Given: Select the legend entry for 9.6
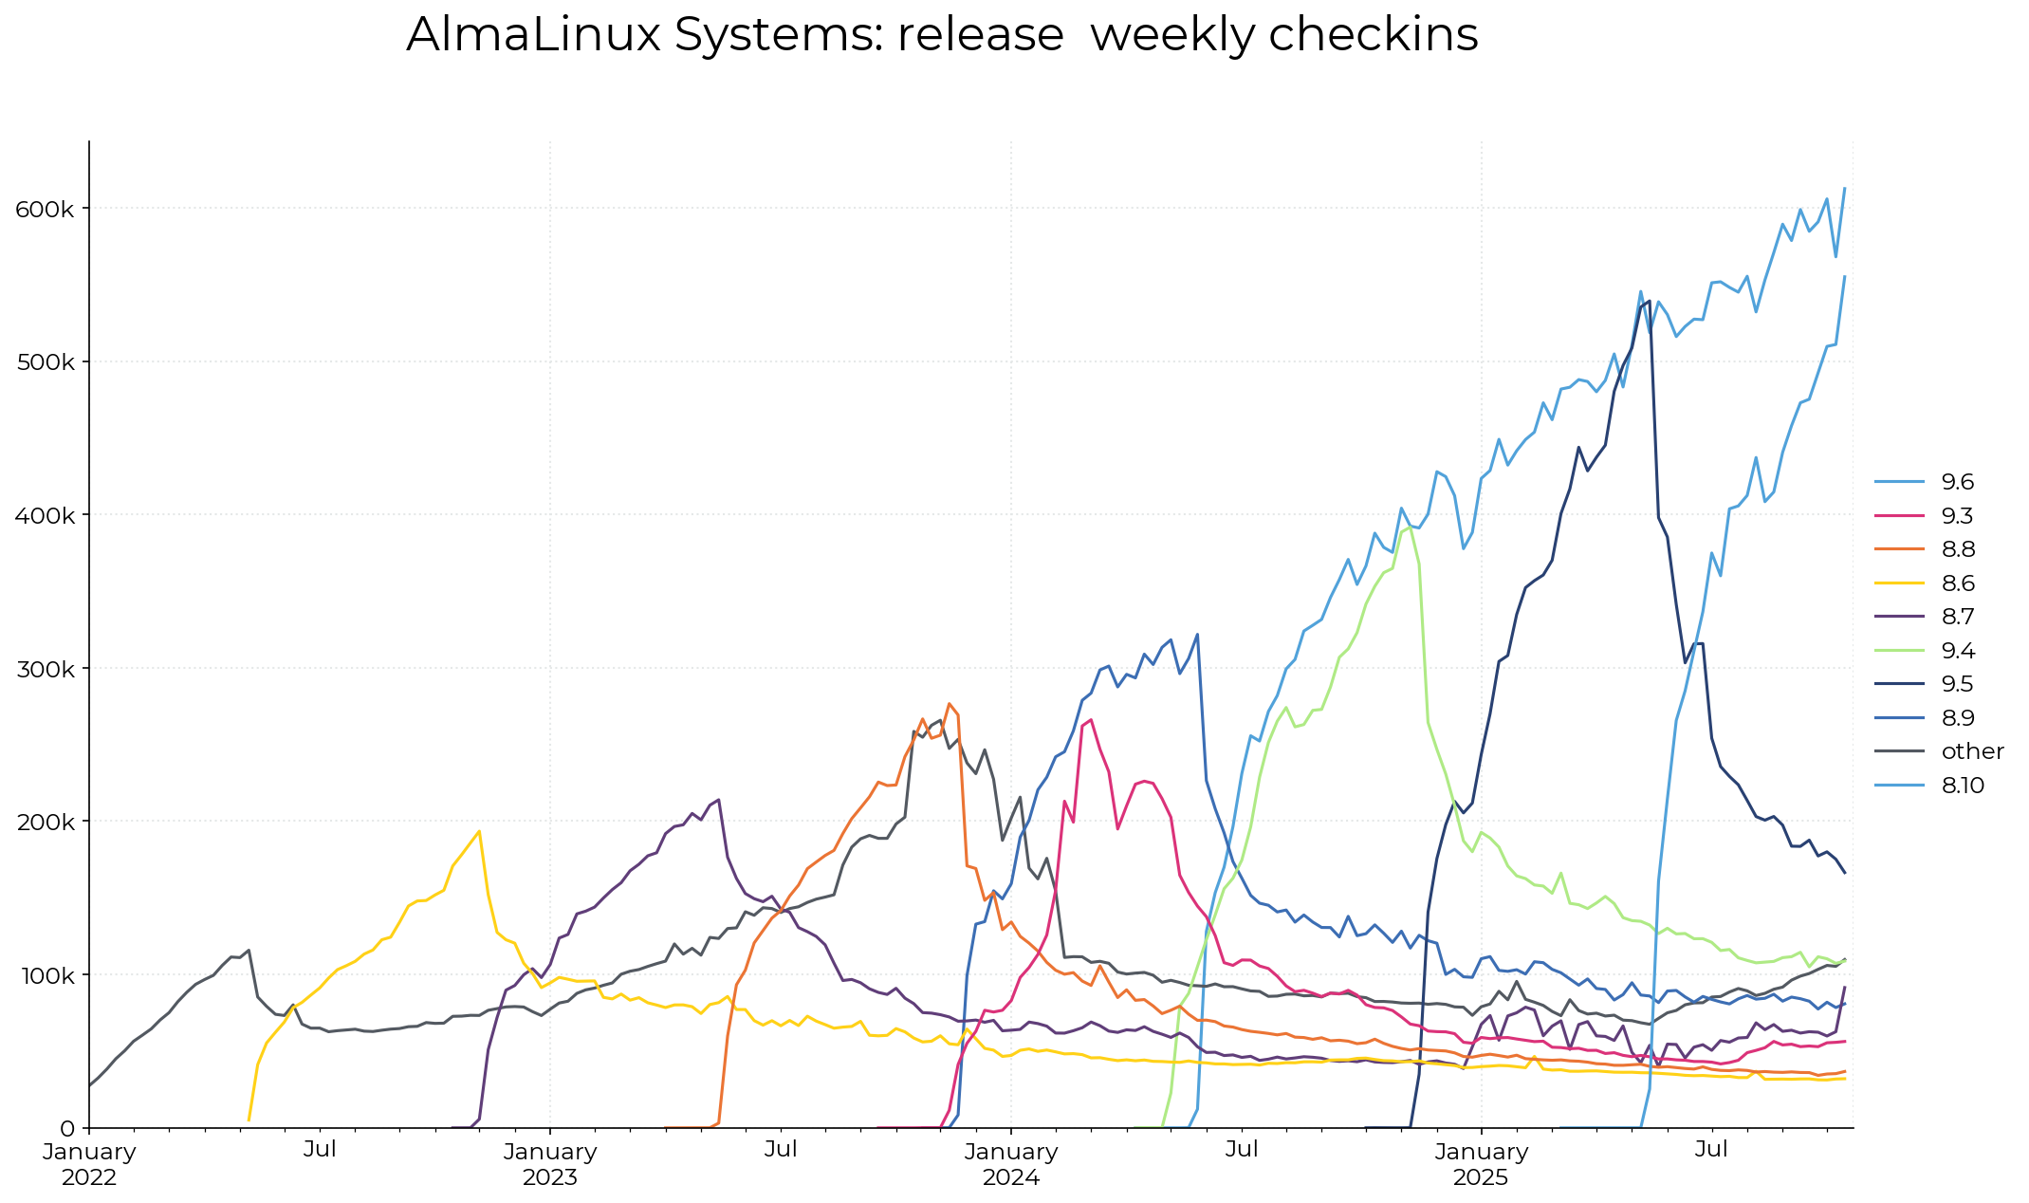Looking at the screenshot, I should pos(1956,482).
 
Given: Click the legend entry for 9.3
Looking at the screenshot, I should pos(1956,516).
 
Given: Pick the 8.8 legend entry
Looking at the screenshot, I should pos(1958,549).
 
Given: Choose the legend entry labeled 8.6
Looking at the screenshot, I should pos(1958,583).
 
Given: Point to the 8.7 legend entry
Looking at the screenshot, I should pos(1958,617).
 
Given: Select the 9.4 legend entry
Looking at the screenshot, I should pos(1958,651).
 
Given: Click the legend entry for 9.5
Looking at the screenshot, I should pos(1958,684).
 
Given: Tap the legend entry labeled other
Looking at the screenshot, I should pos(1971,751).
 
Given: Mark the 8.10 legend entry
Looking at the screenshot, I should pos(1962,786).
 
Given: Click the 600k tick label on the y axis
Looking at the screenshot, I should pos(45,209).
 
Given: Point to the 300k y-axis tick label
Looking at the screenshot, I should pos(45,669).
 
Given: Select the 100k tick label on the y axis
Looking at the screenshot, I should pos(45,975).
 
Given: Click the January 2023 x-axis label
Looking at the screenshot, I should pos(550,1164).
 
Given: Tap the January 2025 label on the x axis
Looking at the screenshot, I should pos(1481,1164).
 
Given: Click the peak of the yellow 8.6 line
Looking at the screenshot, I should pos(479,831).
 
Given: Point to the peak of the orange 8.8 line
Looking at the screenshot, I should pos(949,703).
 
